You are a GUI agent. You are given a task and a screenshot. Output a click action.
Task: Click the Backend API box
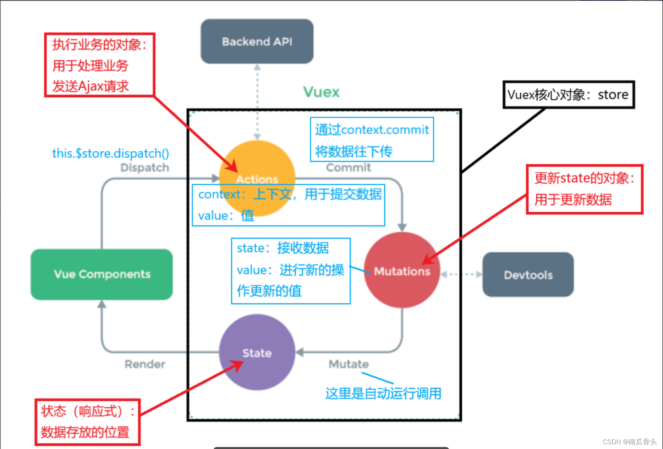pyautogui.click(x=257, y=42)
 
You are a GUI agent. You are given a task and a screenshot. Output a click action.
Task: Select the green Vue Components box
pyautogui.click(x=102, y=274)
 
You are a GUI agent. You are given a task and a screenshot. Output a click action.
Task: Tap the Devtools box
pyautogui.click(x=528, y=275)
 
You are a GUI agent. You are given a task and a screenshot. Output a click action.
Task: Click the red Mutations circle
pyautogui.click(x=402, y=271)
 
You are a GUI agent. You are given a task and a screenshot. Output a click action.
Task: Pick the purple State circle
pyautogui.click(x=257, y=353)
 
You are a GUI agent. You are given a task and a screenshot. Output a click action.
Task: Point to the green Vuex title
pyautogui.click(x=321, y=92)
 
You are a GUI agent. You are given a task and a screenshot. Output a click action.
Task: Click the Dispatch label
pyautogui.click(x=145, y=168)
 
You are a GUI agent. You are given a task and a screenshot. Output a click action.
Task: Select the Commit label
pyautogui.click(x=348, y=168)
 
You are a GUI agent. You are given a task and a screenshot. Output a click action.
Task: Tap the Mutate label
pyautogui.click(x=349, y=364)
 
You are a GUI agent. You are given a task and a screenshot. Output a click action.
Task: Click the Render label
pyautogui.click(x=145, y=364)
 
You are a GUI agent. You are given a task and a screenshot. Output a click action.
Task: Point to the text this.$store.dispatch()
pyautogui.click(x=110, y=153)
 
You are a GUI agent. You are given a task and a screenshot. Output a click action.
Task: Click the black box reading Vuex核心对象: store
pyautogui.click(x=568, y=95)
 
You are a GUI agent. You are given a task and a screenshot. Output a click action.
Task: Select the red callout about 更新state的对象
pyautogui.click(x=584, y=189)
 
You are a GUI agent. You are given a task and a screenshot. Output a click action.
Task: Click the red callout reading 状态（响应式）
pyautogui.click(x=87, y=422)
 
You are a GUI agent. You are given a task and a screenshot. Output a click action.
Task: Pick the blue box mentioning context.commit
pyautogui.click(x=371, y=140)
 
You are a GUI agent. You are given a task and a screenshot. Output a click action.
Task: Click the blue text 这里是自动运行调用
pyautogui.click(x=383, y=394)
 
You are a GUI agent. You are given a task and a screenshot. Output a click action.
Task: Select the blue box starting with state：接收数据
pyautogui.click(x=290, y=271)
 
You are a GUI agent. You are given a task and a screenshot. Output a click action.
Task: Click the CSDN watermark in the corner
pyautogui.click(x=629, y=442)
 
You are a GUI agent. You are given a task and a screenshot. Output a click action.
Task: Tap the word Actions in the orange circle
pyautogui.click(x=257, y=179)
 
